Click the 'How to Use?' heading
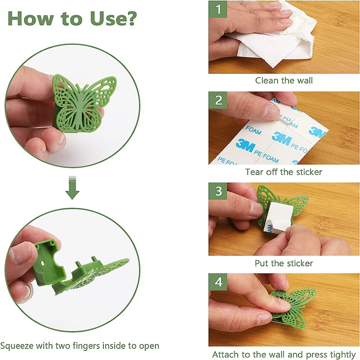(72, 18)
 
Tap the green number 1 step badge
(218, 9)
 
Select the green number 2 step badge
(218, 100)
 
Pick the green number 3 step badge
(218, 191)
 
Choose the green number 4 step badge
(218, 282)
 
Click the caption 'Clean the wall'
(284, 81)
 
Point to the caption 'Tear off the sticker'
(284, 172)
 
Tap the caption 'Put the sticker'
(284, 263)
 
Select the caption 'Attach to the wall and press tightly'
(284, 355)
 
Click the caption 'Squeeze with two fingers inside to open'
(80, 346)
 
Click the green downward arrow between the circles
(72, 187)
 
